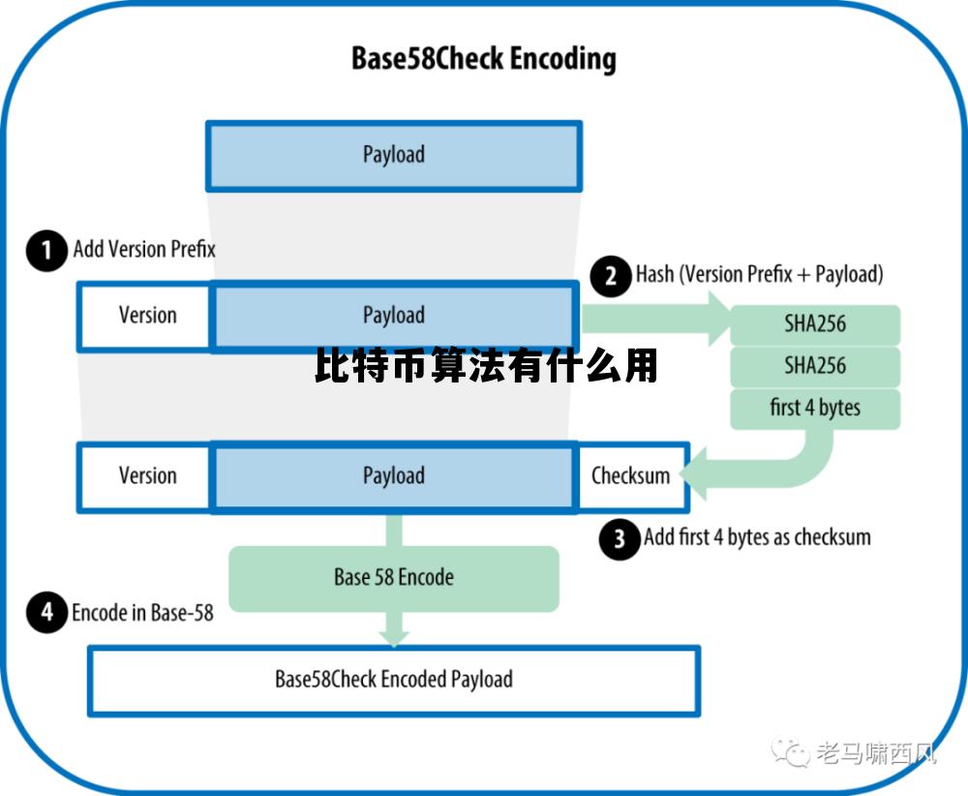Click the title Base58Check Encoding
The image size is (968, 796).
click(483, 59)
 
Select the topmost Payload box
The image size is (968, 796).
click(393, 155)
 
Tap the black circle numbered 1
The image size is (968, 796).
click(46, 251)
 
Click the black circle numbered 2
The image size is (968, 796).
click(611, 277)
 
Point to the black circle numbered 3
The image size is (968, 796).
click(620, 538)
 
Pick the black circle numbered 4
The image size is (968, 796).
click(46, 613)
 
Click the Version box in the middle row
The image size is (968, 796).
click(145, 316)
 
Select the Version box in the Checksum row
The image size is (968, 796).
click(145, 476)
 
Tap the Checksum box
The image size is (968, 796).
click(631, 476)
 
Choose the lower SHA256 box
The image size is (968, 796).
click(815, 367)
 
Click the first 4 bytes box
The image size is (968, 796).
click(815, 409)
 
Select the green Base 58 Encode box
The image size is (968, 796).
click(393, 578)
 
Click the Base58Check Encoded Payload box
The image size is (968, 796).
click(393, 680)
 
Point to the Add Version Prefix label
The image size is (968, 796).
click(144, 250)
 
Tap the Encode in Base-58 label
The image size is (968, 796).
click(142, 613)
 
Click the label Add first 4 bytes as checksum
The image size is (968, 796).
click(757, 537)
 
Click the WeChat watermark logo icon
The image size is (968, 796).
click(791, 752)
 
